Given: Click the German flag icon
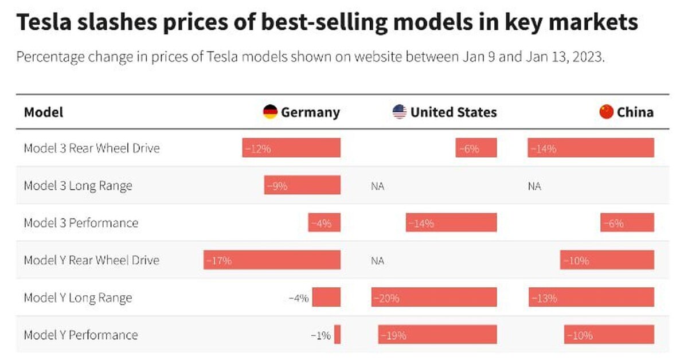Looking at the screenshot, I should [x=270, y=112].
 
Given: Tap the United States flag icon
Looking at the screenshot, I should [x=400, y=112].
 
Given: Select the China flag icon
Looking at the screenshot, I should [x=606, y=112].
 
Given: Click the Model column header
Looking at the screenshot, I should [x=44, y=112].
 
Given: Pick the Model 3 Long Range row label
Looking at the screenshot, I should [x=78, y=186].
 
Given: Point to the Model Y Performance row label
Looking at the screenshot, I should [x=81, y=335].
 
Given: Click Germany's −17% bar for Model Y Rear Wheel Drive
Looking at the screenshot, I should [x=272, y=260].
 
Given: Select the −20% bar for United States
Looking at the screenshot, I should [x=434, y=298].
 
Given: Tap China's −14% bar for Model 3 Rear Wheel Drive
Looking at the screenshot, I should [x=591, y=148].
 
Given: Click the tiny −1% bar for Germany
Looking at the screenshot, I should [x=338, y=335].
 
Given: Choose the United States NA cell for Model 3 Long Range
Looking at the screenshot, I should [x=377, y=186].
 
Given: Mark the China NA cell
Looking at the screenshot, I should [x=534, y=186].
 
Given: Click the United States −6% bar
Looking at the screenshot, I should [x=476, y=148].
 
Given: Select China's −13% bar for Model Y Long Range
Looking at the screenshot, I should [x=591, y=298].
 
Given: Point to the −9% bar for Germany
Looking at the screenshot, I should [x=302, y=186].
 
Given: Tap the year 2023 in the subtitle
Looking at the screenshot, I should [x=591, y=58].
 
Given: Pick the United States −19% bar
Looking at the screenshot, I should [x=437, y=335].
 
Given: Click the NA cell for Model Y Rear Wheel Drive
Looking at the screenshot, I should [x=377, y=260].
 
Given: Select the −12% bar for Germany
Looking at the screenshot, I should [x=291, y=148].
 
